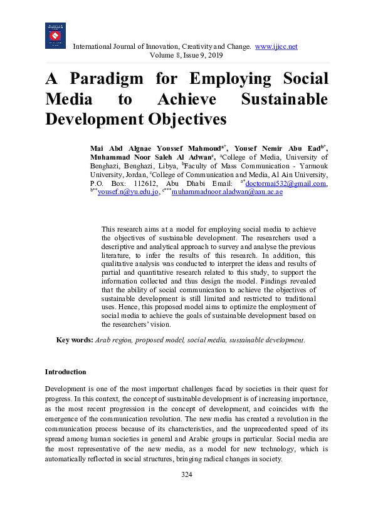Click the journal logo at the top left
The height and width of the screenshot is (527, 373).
point(55,36)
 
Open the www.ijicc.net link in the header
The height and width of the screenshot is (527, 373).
point(276,47)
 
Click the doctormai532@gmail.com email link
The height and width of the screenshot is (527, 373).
point(286,183)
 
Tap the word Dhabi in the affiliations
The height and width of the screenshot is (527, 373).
point(212,183)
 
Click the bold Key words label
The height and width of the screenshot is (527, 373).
point(75,340)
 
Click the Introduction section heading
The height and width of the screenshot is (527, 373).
point(65,372)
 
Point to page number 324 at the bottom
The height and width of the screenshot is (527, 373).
point(186,474)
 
